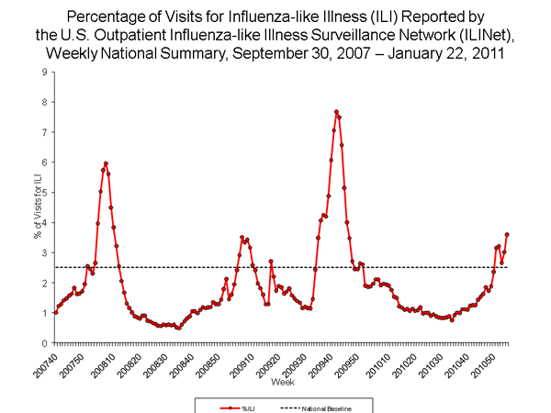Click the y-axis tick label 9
point(46,72)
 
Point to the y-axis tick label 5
point(46,193)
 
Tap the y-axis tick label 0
point(46,343)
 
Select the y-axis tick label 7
point(46,132)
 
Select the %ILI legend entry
point(242,405)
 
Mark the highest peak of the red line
point(336,111)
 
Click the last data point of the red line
point(507,234)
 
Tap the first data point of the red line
point(55,312)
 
